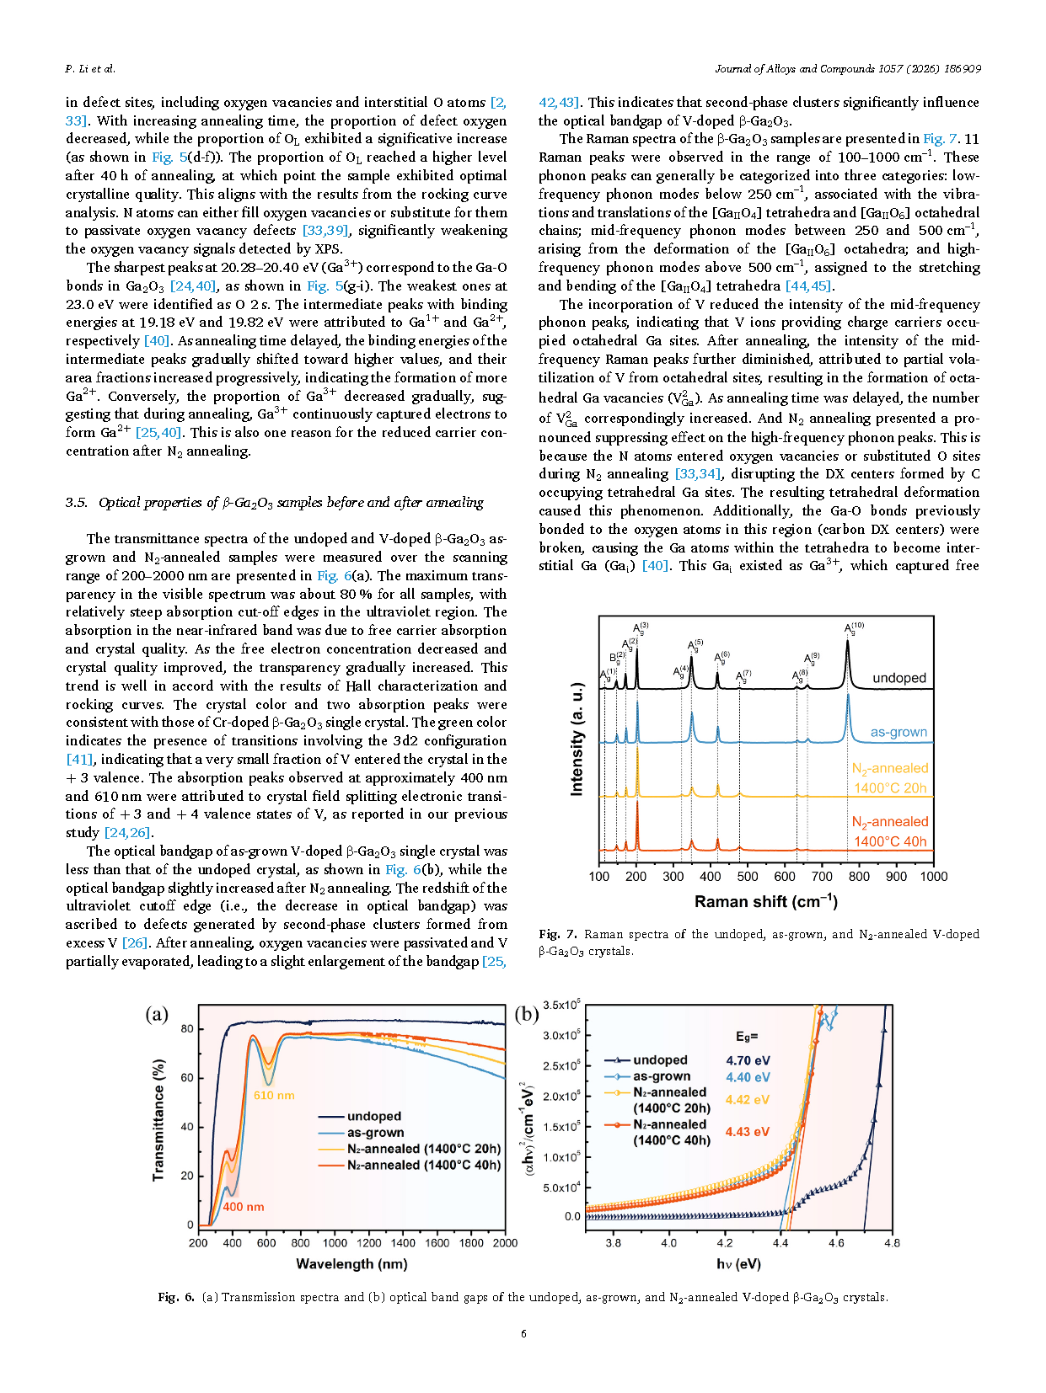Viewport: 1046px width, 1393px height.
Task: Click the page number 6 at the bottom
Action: pyautogui.click(x=523, y=1333)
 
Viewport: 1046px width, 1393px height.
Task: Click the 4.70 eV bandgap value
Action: pyautogui.click(x=748, y=1061)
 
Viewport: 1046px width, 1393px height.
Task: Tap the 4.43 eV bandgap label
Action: pyautogui.click(x=747, y=1132)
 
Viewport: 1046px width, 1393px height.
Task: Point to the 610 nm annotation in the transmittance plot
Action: pyautogui.click(x=274, y=1096)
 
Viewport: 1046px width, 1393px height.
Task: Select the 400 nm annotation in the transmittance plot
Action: pyautogui.click(x=244, y=1207)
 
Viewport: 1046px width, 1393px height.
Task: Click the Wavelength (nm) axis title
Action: pyautogui.click(x=351, y=1264)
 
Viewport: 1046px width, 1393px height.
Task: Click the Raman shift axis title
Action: pyautogui.click(x=765, y=902)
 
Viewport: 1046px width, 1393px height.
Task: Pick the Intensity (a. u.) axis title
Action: pyautogui.click(x=577, y=739)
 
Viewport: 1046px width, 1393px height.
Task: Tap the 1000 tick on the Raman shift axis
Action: pyautogui.click(x=933, y=877)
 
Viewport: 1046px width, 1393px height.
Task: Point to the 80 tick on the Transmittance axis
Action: pyautogui.click(x=187, y=1029)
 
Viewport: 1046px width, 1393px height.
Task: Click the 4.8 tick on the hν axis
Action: pyautogui.click(x=892, y=1243)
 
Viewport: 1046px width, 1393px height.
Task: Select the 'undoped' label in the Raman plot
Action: pyautogui.click(x=898, y=678)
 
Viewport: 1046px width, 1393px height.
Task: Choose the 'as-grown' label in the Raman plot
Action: pyautogui.click(x=898, y=732)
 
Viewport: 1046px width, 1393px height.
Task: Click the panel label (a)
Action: pyautogui.click(x=157, y=1014)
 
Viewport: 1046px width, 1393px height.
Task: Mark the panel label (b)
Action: pyautogui.click(x=527, y=1014)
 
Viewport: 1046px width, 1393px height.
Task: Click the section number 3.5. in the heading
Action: pyautogui.click(x=77, y=503)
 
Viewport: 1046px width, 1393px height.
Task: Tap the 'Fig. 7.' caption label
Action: pyautogui.click(x=558, y=934)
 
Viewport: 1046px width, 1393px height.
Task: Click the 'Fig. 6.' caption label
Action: pyautogui.click(x=176, y=1297)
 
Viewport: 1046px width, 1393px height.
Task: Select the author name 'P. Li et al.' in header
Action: pyautogui.click(x=90, y=69)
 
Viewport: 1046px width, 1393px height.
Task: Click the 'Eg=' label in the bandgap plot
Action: pyautogui.click(x=747, y=1037)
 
